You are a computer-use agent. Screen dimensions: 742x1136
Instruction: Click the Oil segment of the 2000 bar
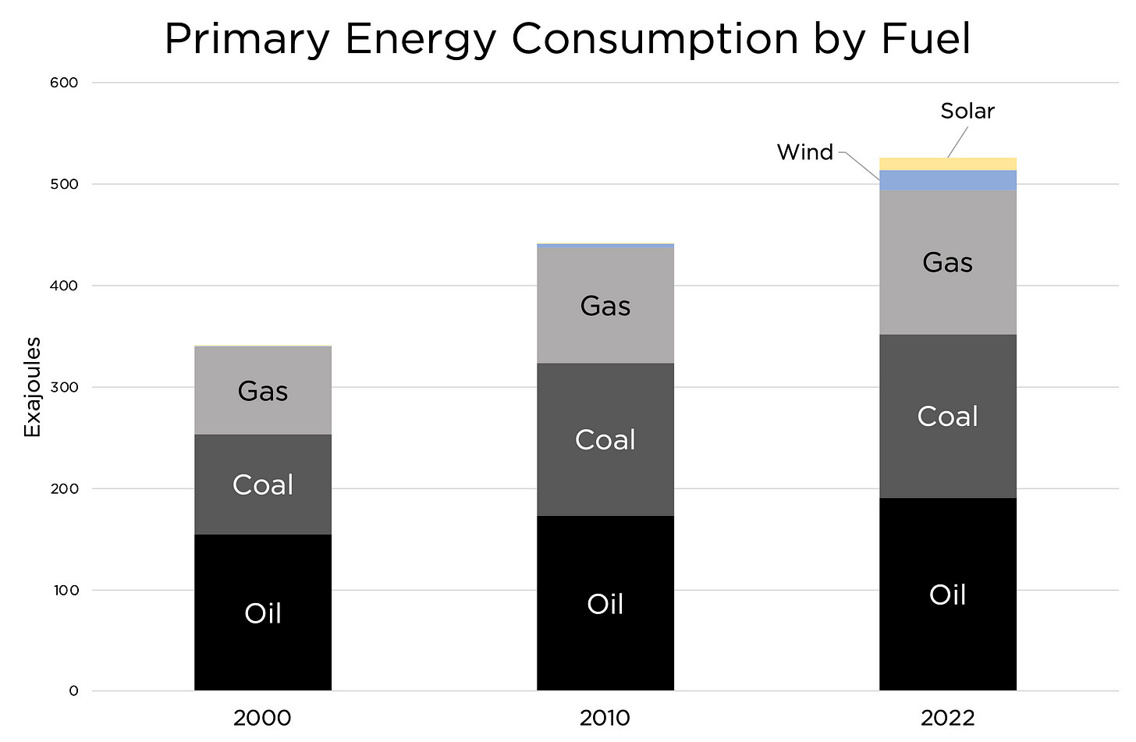263,612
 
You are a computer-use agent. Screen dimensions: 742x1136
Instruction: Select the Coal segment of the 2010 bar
605,439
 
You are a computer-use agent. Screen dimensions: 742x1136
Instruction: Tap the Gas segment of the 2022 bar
947,262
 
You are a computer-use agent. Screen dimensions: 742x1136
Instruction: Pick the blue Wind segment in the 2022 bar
947,180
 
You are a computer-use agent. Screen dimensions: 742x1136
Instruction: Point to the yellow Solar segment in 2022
947,164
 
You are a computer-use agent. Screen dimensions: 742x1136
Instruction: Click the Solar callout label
967,111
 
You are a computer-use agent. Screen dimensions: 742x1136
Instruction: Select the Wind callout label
805,152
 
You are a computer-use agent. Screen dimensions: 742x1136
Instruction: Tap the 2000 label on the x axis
262,718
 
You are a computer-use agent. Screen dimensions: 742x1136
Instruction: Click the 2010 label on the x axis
605,718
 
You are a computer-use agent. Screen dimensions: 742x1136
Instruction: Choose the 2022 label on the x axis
947,718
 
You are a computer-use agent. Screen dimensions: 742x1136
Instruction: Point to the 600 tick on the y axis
64,83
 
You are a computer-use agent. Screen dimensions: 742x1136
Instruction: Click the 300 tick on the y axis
64,387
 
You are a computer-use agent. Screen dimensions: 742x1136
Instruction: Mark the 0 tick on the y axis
73,691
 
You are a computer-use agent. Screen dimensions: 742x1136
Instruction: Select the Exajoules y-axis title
32,387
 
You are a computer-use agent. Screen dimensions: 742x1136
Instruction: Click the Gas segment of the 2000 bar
263,390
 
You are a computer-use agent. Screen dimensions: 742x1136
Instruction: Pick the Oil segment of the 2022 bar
947,595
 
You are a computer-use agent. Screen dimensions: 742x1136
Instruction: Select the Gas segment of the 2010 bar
605,305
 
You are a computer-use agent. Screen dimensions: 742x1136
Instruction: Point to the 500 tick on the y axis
64,184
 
